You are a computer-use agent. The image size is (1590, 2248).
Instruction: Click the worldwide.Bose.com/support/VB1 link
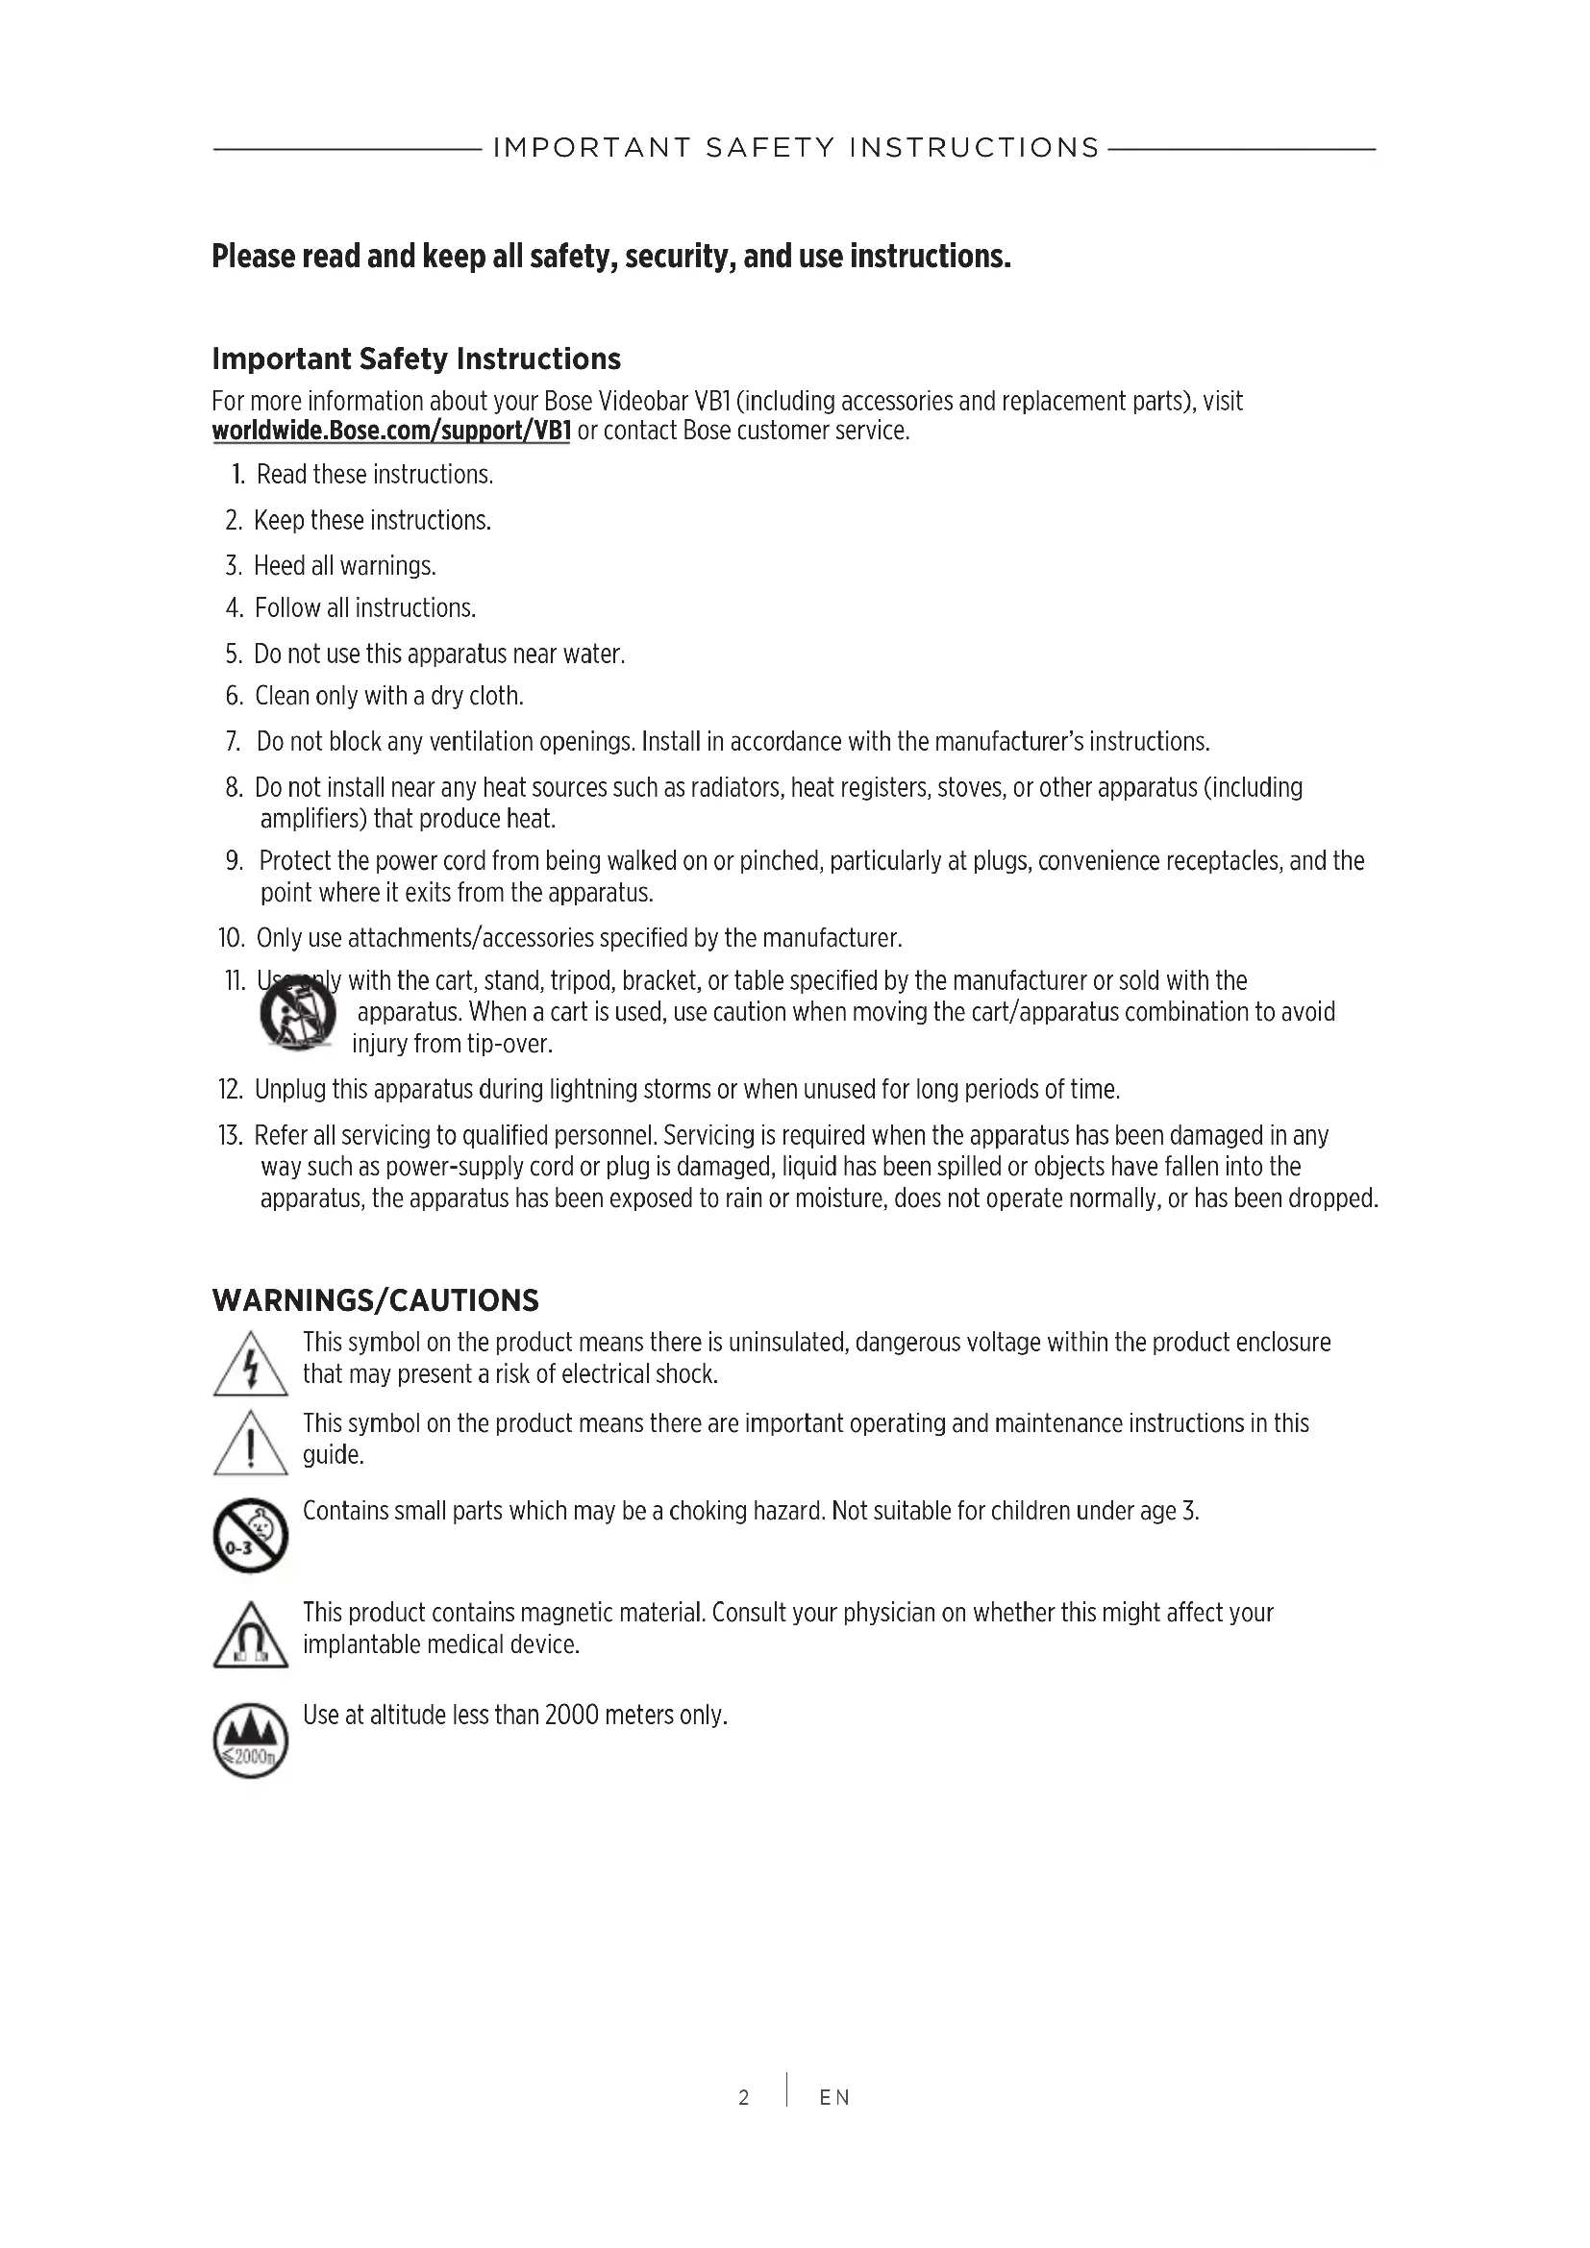coord(390,432)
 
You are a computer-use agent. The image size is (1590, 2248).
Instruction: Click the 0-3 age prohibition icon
coord(251,1534)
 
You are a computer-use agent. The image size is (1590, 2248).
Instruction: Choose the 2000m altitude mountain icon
coord(251,1740)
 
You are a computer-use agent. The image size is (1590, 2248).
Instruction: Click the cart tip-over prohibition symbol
coord(298,1014)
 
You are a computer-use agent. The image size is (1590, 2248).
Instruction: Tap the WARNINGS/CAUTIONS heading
coord(375,1300)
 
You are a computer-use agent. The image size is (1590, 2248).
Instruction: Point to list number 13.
coord(230,1136)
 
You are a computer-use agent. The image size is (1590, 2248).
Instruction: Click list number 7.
coord(233,742)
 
